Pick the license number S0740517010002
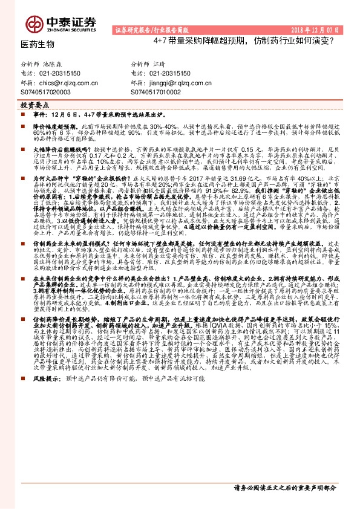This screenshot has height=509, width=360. click(x=156, y=91)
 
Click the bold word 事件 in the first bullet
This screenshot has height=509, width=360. click(x=39, y=114)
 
